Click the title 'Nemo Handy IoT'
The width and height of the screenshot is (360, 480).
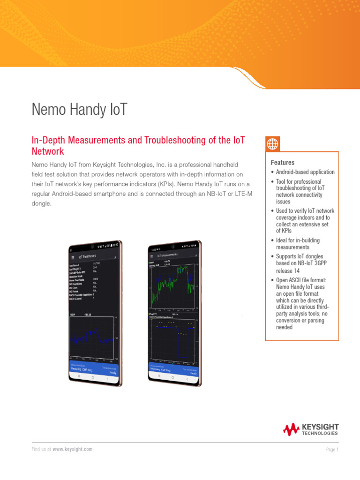click(79, 109)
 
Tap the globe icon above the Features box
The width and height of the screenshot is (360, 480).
click(272, 144)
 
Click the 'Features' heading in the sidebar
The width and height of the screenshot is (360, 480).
click(282, 163)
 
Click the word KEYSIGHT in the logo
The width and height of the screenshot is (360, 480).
click(320, 427)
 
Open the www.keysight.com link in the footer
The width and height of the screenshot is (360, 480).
click(72, 449)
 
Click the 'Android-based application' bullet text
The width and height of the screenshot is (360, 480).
click(305, 172)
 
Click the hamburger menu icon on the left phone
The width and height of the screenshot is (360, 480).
click(72, 257)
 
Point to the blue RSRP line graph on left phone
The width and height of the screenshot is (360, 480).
click(91, 337)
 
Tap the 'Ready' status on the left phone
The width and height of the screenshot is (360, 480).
click(113, 372)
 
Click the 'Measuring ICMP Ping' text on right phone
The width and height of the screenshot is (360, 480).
click(160, 369)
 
